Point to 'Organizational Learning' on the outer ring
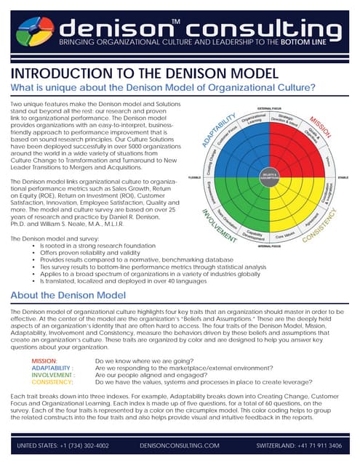point(252,118)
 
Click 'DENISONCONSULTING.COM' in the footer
point(180,445)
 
